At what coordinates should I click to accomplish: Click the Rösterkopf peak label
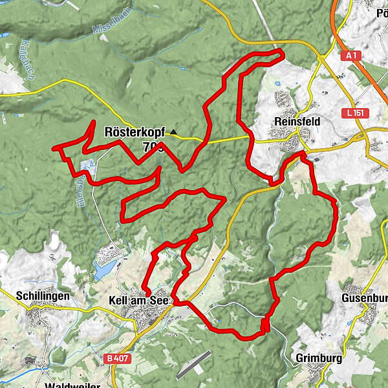[x=135, y=131]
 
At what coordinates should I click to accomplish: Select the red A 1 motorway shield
[x=351, y=56]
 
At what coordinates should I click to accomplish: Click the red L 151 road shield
[x=353, y=113]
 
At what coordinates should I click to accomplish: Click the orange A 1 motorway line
[x=370, y=71]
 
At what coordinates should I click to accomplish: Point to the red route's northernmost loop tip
[x=279, y=51]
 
